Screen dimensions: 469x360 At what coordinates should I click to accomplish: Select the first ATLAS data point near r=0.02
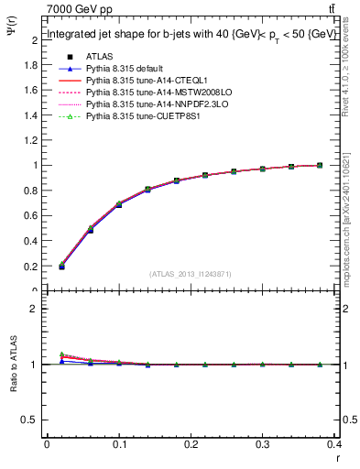point(61,267)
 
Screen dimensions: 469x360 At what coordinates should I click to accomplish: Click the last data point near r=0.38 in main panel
point(319,166)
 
